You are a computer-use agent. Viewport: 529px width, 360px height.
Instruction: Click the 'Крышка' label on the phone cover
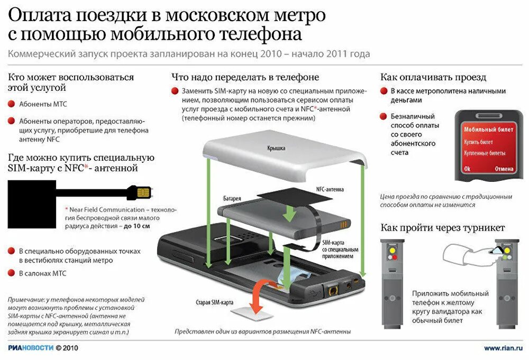pyautogui.click(x=275, y=149)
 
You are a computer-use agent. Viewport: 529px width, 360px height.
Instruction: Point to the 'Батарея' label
pyautogui.click(x=232, y=199)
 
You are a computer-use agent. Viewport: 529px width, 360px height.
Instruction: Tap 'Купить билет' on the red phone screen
pyautogui.click(x=478, y=142)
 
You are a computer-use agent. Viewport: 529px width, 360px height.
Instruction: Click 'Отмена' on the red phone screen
pyautogui.click(x=504, y=169)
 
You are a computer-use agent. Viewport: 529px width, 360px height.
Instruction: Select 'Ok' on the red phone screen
pyautogui.click(x=467, y=169)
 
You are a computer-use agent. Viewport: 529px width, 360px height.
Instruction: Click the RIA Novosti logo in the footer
pyautogui.click(x=31, y=347)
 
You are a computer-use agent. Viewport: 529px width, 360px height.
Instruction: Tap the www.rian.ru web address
pyautogui.click(x=503, y=347)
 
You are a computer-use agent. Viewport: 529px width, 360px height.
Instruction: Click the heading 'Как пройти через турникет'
pyautogui.click(x=443, y=228)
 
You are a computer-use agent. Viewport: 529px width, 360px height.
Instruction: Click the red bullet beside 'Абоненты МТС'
pyautogui.click(x=11, y=104)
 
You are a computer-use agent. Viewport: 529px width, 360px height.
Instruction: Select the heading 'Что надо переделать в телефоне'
pyautogui.click(x=245, y=77)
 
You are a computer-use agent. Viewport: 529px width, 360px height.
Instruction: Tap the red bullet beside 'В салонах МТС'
pyautogui.click(x=11, y=273)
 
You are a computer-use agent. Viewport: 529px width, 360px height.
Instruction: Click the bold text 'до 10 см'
pyautogui.click(x=136, y=226)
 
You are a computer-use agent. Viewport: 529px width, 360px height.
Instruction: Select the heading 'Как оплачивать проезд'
pyautogui.click(x=433, y=77)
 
